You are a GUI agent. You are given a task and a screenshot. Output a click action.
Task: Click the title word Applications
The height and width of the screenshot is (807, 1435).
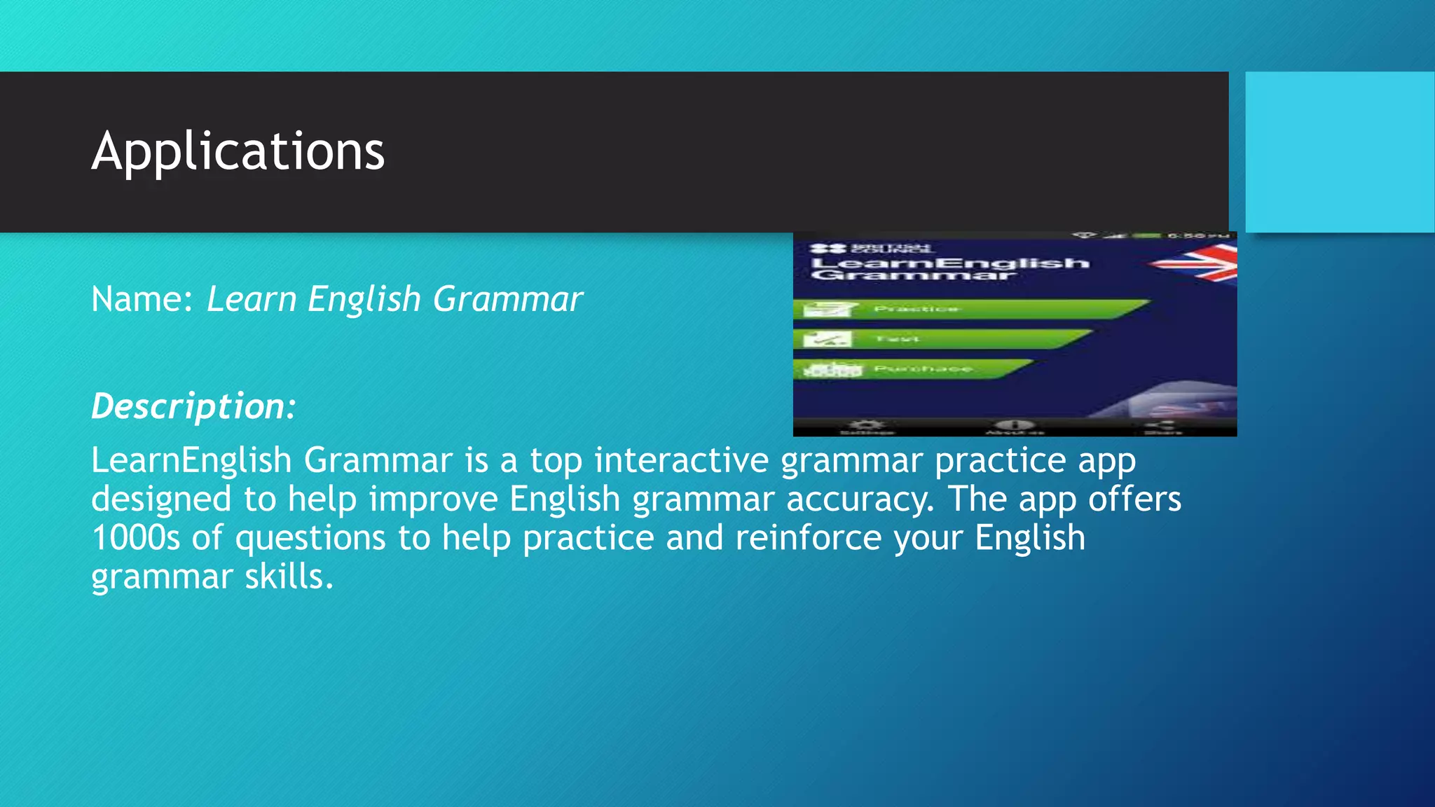pyautogui.click(x=238, y=151)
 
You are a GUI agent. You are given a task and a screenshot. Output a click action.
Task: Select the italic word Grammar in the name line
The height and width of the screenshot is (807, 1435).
pyautogui.click(x=508, y=299)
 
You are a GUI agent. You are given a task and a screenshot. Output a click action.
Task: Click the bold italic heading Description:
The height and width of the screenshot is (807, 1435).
pyautogui.click(x=194, y=406)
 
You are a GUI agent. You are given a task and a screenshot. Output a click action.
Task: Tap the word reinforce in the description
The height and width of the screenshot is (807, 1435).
pyautogui.click(x=809, y=538)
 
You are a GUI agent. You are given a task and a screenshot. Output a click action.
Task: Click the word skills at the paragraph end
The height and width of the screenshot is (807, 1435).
pyautogui.click(x=288, y=577)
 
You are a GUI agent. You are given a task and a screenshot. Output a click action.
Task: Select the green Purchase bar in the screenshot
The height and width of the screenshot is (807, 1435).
pyautogui.click(x=911, y=369)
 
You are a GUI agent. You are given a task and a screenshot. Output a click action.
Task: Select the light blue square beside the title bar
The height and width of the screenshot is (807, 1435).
pyautogui.click(x=1339, y=151)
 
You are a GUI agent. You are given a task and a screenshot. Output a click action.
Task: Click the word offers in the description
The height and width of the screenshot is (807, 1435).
pyautogui.click(x=1134, y=499)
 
